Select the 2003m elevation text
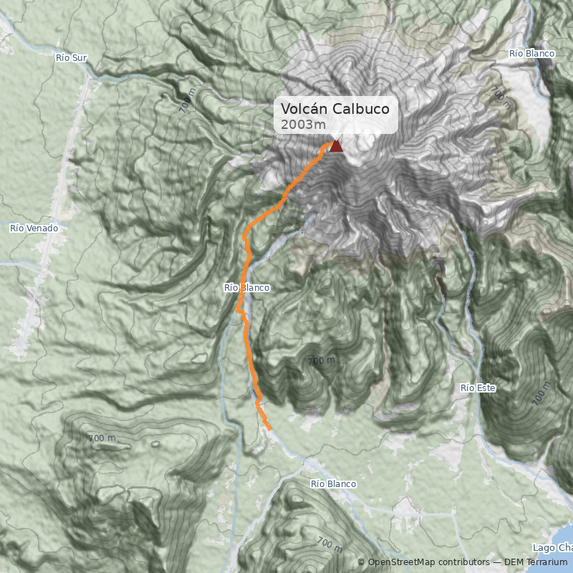coord(297,125)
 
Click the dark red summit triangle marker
coord(336,146)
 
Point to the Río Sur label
coord(71,57)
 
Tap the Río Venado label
coord(34,228)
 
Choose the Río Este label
coord(478,387)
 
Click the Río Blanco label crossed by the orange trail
coord(246,287)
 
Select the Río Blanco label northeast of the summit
coord(532,54)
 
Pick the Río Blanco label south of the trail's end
coord(333,484)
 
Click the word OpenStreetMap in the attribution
coord(402,562)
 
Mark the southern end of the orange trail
coord(270,429)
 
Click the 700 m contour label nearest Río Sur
coord(187,102)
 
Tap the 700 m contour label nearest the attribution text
coord(329,544)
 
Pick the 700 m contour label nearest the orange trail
coord(321,361)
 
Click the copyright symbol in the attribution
coord(361,562)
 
